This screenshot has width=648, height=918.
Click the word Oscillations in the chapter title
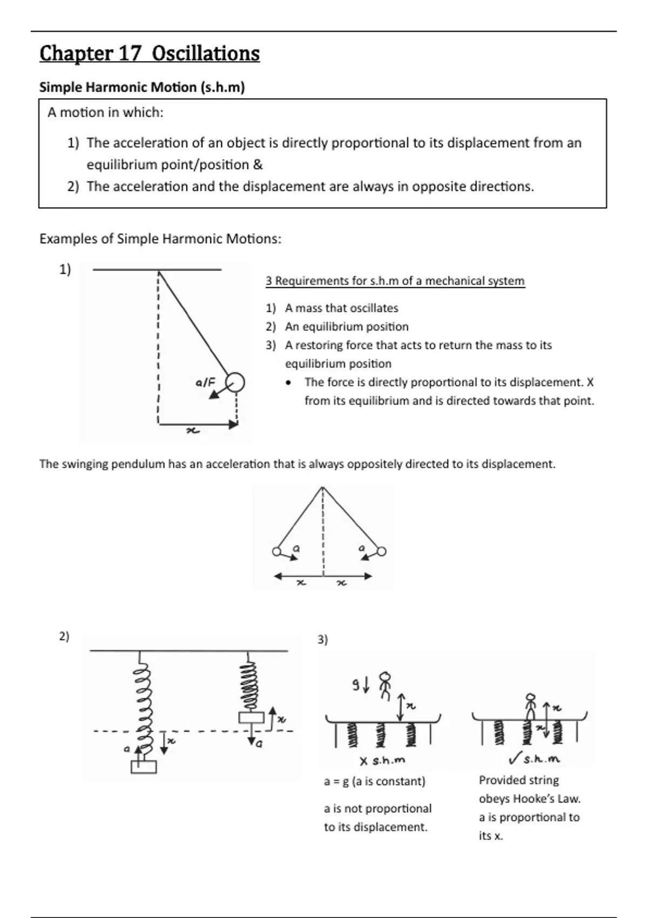206,53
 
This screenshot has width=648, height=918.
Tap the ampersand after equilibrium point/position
258,165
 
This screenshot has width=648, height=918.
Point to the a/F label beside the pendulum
205,383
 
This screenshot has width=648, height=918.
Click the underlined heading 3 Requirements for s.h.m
395,281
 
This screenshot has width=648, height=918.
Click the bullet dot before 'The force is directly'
290,383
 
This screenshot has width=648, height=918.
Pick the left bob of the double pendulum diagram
276,551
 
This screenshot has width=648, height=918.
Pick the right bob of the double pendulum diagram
381,551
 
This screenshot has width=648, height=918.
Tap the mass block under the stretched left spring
144,767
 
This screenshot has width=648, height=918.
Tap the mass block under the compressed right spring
251,718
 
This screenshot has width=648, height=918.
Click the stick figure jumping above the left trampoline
384,685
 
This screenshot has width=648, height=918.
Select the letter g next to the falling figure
356,685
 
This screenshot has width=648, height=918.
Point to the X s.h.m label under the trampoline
382,760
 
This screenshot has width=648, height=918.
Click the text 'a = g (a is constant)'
374,781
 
